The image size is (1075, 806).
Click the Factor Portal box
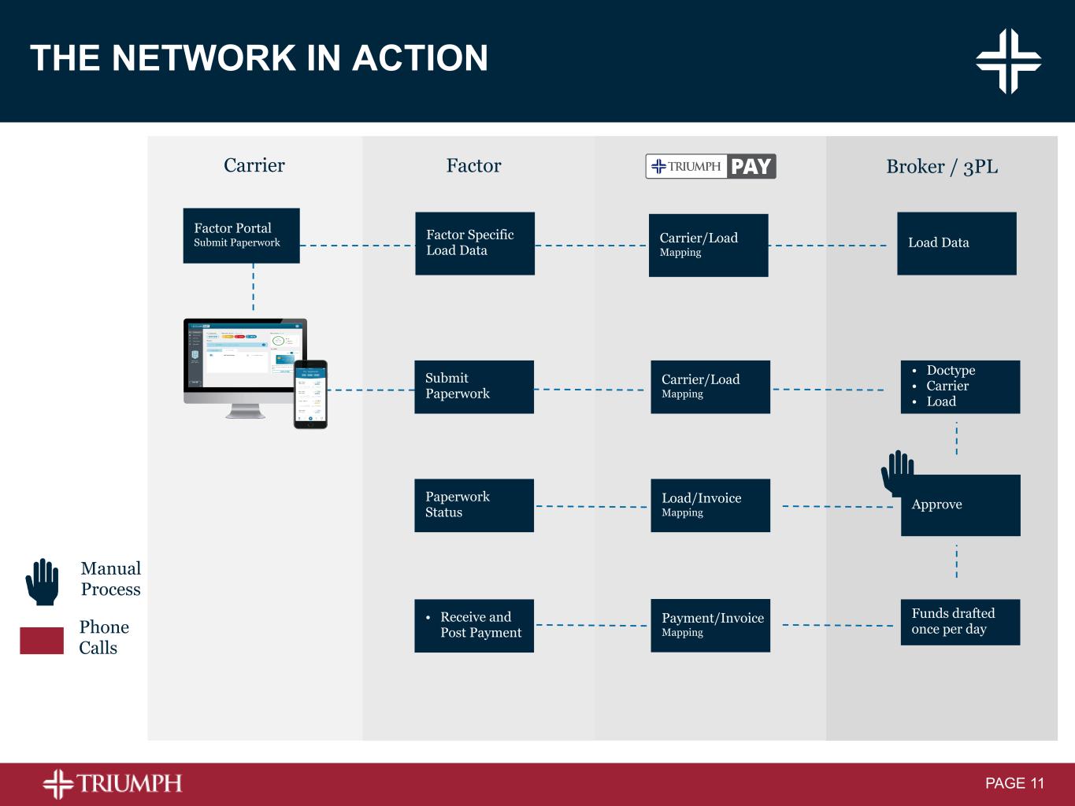click(x=241, y=235)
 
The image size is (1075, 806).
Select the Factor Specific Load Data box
click(x=474, y=243)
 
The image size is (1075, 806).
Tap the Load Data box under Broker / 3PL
click(x=956, y=243)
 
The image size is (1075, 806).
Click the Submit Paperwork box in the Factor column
click(x=473, y=386)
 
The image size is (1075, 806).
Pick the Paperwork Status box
click(x=473, y=505)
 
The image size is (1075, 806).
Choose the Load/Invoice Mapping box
click(x=710, y=505)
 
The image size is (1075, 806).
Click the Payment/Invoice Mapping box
click(x=710, y=626)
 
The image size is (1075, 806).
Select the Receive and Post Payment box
click(x=473, y=626)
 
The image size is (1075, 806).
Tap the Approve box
click(x=960, y=505)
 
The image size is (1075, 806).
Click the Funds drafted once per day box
click(x=960, y=622)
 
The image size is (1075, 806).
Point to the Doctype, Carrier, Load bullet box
click(x=960, y=386)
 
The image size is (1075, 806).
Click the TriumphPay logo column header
click(x=710, y=166)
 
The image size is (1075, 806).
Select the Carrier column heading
click(x=254, y=165)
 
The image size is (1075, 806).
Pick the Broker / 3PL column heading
click(x=942, y=167)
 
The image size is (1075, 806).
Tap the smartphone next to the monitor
click(x=310, y=394)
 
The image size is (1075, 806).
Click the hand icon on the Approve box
click(x=896, y=471)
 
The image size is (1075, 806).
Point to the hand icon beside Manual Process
click(x=43, y=582)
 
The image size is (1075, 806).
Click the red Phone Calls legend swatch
click(x=42, y=640)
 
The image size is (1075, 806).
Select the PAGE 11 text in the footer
click(x=1014, y=783)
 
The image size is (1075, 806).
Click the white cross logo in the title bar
click(x=1008, y=61)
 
